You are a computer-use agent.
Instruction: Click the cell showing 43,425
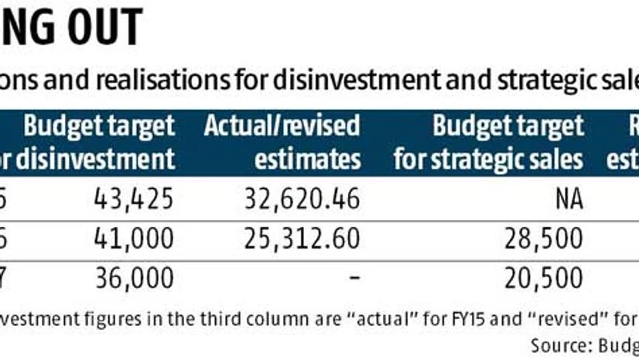pyautogui.click(x=132, y=200)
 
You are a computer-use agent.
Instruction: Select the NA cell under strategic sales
pyautogui.click(x=569, y=200)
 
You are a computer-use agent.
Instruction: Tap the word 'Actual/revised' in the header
pyautogui.click(x=282, y=125)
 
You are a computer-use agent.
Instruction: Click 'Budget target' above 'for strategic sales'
pyautogui.click(x=507, y=125)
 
